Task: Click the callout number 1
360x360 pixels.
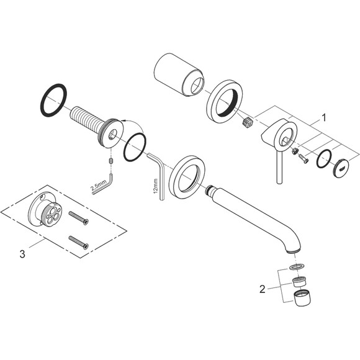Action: tap(323, 117)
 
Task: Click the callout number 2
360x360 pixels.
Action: tap(262, 289)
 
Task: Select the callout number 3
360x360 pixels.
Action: tap(22, 254)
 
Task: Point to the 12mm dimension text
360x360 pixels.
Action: tap(156, 186)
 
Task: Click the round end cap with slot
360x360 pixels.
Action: tap(341, 169)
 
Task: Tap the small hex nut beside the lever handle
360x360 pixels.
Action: tap(295, 151)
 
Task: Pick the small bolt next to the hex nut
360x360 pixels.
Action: tap(304, 158)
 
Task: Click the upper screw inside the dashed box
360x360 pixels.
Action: tap(79, 218)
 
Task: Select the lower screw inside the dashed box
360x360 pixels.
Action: tap(79, 243)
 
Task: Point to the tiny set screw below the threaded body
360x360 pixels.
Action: tap(110, 161)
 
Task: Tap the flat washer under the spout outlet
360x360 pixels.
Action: tap(297, 266)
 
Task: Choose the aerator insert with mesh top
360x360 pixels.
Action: tap(299, 282)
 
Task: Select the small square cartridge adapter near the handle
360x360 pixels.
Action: tap(248, 121)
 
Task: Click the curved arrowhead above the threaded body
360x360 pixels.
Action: tap(123, 120)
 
